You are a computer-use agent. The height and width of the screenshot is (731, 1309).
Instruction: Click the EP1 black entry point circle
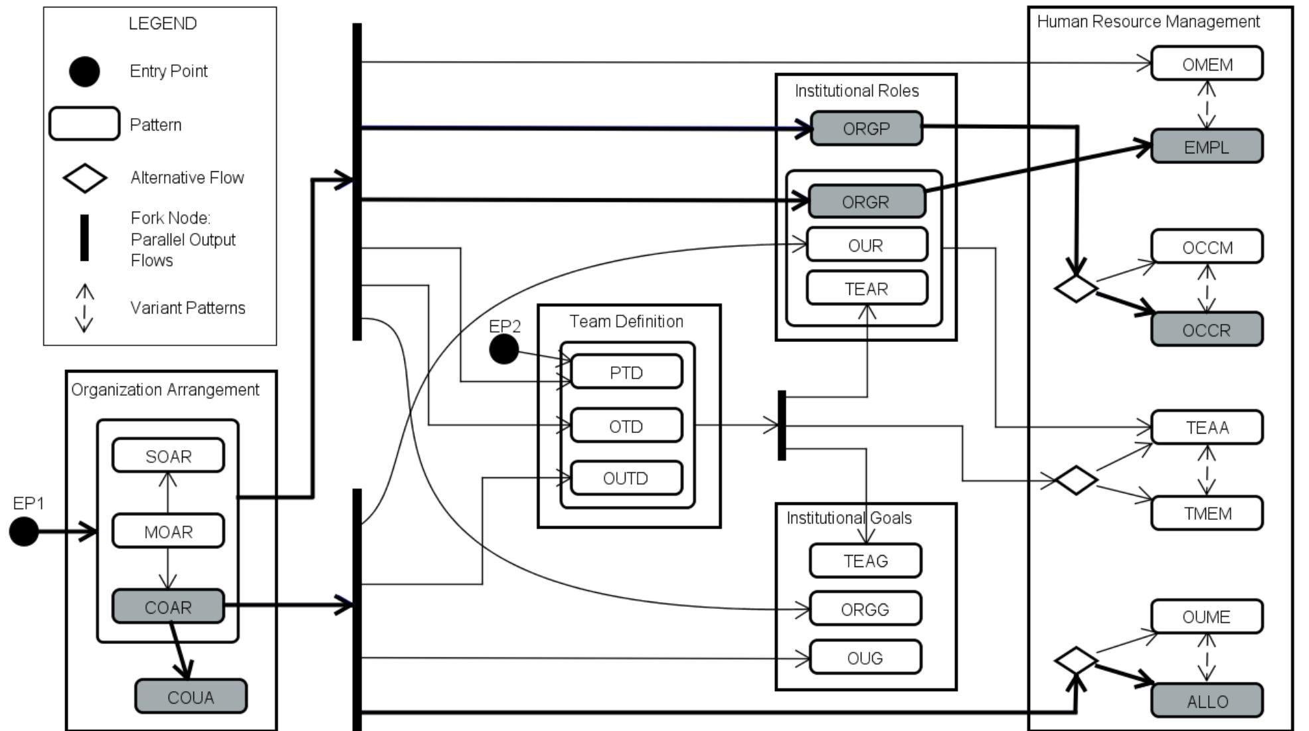coord(24,532)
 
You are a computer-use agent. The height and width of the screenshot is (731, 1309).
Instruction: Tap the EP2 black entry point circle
coord(504,349)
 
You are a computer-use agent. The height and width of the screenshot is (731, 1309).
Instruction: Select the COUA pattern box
coord(191,696)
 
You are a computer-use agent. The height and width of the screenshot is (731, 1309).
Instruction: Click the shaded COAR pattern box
coord(168,607)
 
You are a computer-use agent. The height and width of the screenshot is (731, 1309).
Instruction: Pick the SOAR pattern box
coord(168,456)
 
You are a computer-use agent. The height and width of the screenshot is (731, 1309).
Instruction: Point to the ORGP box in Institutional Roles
coord(866,128)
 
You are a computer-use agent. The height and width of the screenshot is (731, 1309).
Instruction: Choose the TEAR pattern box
coord(866,289)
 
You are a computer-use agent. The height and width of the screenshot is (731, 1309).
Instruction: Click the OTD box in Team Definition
coord(626,426)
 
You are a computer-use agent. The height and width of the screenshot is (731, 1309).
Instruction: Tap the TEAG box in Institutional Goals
coord(865,561)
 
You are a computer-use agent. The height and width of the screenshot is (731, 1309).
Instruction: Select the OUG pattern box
coord(865,658)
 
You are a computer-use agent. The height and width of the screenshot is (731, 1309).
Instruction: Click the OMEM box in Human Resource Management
coord(1207,64)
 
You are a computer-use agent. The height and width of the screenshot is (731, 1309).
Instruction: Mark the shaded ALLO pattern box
coord(1207,701)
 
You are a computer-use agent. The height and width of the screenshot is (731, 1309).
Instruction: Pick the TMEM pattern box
coord(1207,513)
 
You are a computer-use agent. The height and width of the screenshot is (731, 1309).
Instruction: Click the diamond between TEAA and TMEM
coord(1076,480)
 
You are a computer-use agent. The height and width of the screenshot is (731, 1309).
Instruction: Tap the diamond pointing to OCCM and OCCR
coord(1076,288)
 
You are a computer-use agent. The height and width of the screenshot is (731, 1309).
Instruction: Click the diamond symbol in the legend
coord(84,178)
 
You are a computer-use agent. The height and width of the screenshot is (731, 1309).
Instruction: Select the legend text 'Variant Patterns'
coord(188,308)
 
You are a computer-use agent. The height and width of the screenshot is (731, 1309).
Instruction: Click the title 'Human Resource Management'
coord(1148,22)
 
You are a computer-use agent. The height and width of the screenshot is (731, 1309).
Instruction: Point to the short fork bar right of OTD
coord(782,426)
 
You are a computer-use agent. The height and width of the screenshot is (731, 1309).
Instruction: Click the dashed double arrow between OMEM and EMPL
coord(1207,105)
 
